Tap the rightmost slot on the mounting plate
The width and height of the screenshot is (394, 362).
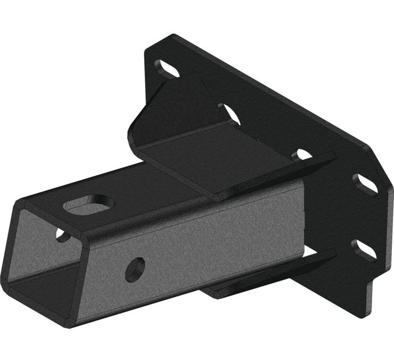click(x=366, y=183)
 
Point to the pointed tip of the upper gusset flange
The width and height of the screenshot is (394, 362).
click(x=333, y=155)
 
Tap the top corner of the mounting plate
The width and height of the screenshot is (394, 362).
click(x=173, y=36)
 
